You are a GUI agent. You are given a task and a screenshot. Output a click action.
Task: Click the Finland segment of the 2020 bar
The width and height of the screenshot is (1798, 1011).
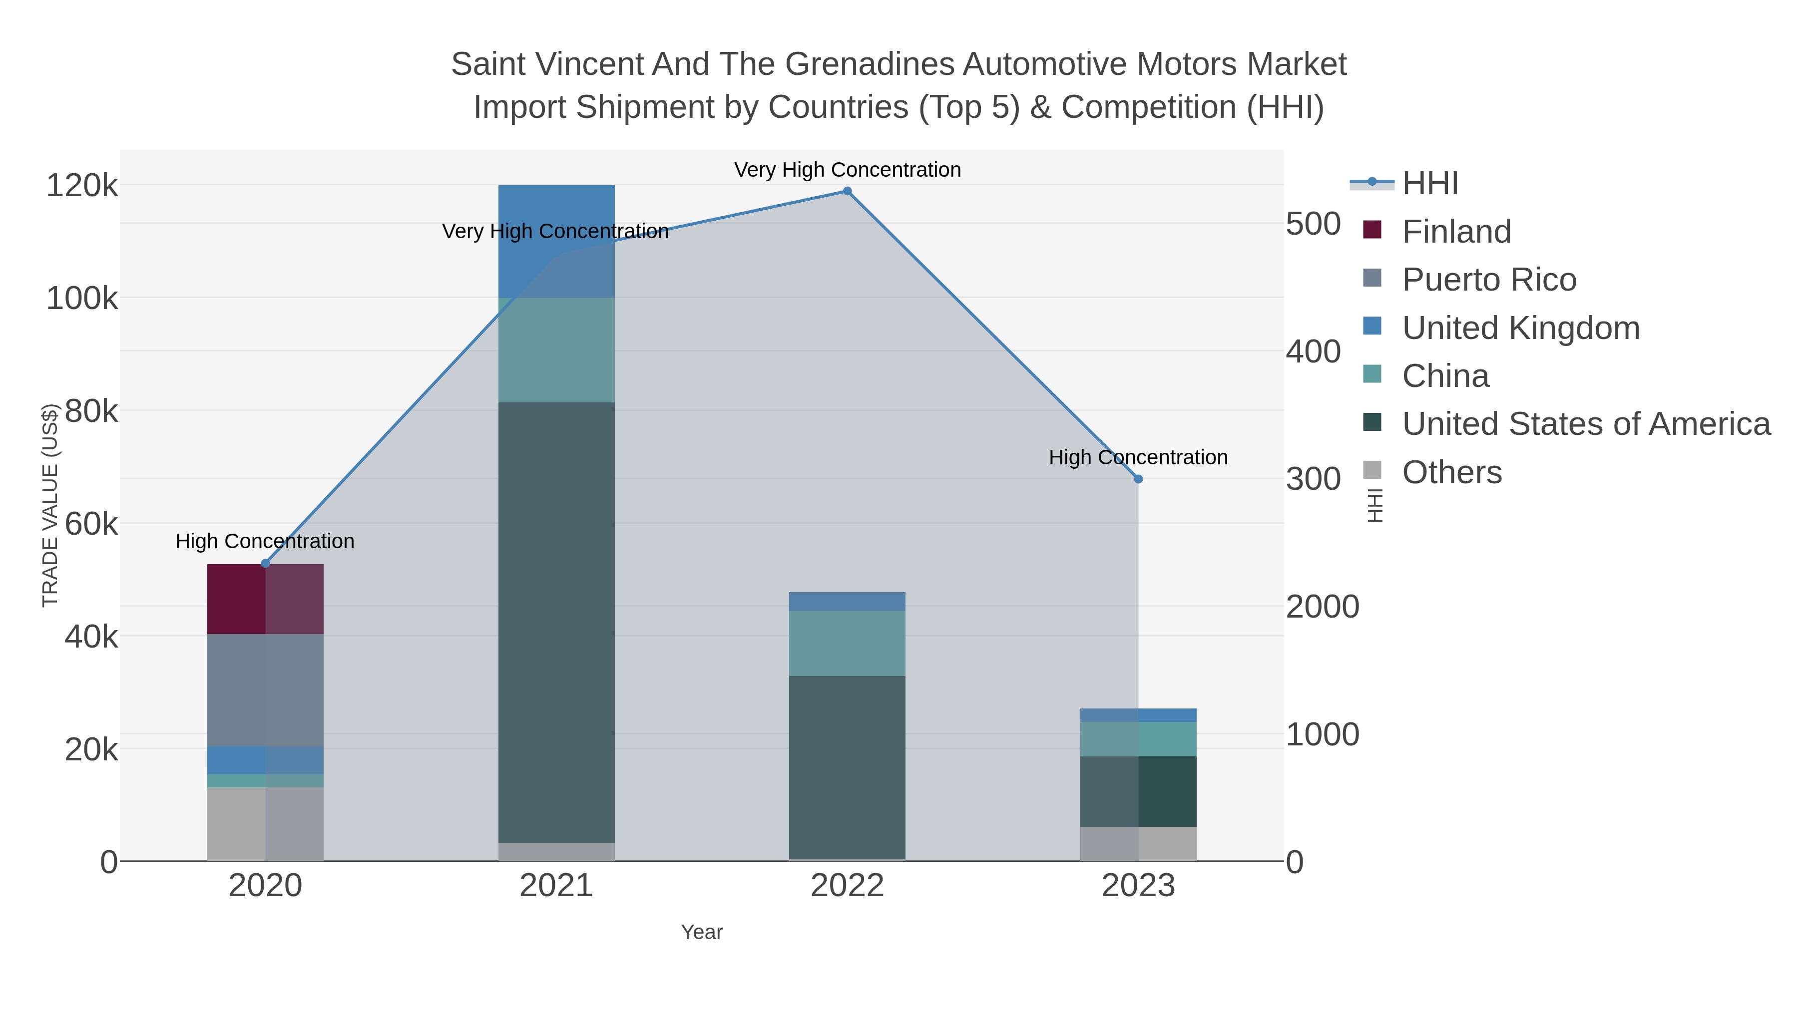point(265,599)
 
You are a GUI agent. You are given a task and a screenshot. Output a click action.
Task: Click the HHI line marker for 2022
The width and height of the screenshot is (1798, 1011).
point(847,191)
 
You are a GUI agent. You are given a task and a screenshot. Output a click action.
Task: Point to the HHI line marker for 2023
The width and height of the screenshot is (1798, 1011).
point(1138,479)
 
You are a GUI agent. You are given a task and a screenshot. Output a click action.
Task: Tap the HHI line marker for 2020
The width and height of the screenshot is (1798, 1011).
point(265,563)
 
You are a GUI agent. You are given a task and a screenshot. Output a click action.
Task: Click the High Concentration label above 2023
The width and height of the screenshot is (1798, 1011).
point(1138,458)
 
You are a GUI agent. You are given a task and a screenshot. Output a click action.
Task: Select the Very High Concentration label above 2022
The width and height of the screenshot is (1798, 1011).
point(847,170)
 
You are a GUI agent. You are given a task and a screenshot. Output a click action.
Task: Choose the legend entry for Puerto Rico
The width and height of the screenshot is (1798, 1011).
point(1489,280)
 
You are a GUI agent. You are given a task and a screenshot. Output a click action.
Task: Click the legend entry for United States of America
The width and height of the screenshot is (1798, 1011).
point(1585,424)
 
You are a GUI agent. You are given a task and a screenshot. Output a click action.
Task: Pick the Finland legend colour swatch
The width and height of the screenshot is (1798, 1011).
point(1371,230)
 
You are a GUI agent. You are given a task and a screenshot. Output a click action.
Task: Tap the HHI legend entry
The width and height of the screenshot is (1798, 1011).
point(1429,184)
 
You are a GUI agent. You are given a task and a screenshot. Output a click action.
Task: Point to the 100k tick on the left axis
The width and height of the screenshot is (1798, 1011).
point(82,299)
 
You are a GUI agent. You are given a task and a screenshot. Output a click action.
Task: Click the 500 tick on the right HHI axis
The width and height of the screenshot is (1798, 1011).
point(1312,225)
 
